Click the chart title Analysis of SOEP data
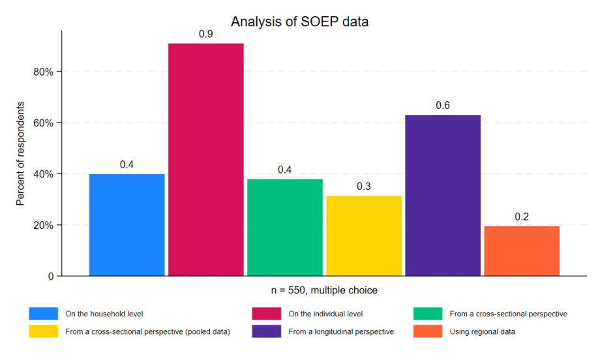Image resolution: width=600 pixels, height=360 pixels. tap(299, 22)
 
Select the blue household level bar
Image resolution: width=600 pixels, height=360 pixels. tap(127, 225)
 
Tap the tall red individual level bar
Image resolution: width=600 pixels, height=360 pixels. tap(206, 160)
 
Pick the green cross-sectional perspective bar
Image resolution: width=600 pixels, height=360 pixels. tap(285, 228)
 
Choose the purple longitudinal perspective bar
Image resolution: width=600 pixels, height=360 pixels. tap(443, 196)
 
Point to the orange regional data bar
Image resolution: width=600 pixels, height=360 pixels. tap(522, 251)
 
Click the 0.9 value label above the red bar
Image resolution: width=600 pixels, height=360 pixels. tap(206, 34)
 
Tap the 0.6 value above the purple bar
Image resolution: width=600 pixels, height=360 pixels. tap(443, 106)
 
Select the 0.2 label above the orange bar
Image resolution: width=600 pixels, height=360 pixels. tap(522, 217)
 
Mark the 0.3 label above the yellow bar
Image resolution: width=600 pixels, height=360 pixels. tap(364, 187)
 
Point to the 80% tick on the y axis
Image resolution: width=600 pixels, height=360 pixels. tap(43, 72)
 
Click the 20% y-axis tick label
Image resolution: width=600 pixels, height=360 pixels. tap(43, 225)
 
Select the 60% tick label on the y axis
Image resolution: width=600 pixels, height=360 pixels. tap(43, 123)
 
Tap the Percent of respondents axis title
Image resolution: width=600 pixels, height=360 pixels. tap(20, 154)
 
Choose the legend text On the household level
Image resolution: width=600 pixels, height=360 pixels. tap(104, 314)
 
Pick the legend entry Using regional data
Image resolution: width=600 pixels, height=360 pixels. tap(483, 331)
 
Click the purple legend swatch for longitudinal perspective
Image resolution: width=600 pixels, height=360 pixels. tap(267, 331)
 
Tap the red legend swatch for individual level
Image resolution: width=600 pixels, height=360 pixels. tap(267, 314)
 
